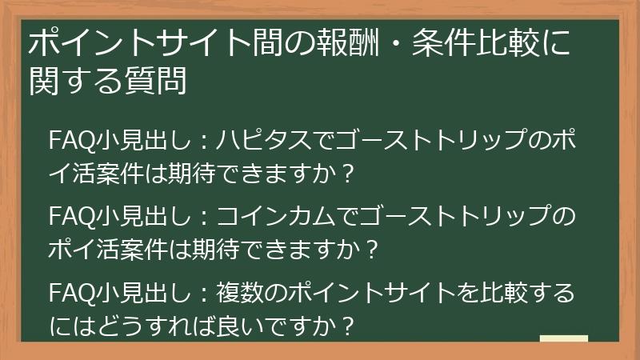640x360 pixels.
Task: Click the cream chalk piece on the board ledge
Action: [x=563, y=338]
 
